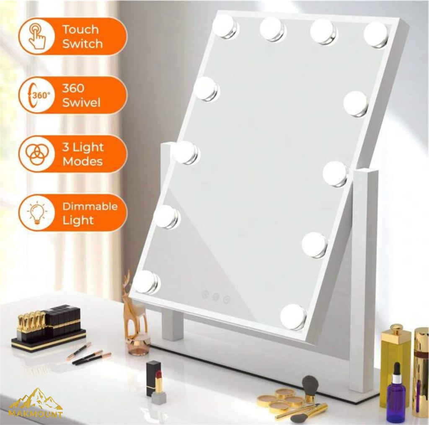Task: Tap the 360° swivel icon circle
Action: tap(37, 95)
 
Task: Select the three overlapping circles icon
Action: tap(37, 154)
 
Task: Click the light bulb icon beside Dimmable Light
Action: tap(37, 212)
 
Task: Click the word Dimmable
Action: tap(90, 206)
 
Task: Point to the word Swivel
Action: tap(81, 103)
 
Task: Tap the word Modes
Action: tap(83, 161)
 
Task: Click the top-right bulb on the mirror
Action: tap(375, 34)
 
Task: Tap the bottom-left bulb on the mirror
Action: tap(146, 281)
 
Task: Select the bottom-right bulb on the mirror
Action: tap(293, 316)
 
